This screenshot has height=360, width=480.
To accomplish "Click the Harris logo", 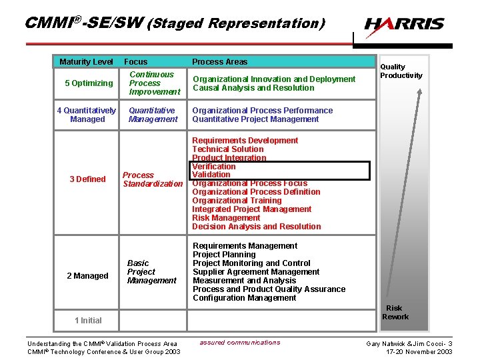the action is click(x=404, y=25).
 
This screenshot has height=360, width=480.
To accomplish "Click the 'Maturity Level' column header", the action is click(x=86, y=62).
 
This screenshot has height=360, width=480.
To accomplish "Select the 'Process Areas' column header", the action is click(x=219, y=62).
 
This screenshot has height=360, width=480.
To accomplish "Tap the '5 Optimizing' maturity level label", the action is click(x=89, y=83).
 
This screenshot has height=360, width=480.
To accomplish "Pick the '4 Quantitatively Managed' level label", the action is click(x=87, y=115).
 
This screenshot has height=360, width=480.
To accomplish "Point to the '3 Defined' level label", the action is click(x=87, y=179).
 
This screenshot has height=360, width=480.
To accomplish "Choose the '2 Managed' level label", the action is click(x=87, y=276).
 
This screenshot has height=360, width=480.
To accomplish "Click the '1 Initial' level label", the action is click(x=88, y=321).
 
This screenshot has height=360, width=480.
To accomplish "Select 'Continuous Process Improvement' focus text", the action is click(x=155, y=83).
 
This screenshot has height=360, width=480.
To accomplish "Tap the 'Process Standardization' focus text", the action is click(x=152, y=179).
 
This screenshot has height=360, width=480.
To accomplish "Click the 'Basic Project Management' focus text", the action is click(x=151, y=272).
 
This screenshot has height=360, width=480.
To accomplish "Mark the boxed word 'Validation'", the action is click(x=211, y=175).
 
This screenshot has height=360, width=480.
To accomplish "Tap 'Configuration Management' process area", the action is click(x=244, y=298).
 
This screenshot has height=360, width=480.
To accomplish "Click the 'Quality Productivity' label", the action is click(x=401, y=71).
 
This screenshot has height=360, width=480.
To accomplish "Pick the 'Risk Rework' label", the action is click(x=395, y=313).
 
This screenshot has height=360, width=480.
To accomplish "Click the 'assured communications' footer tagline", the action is click(x=240, y=343).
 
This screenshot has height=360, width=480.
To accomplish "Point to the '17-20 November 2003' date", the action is click(x=419, y=352).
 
